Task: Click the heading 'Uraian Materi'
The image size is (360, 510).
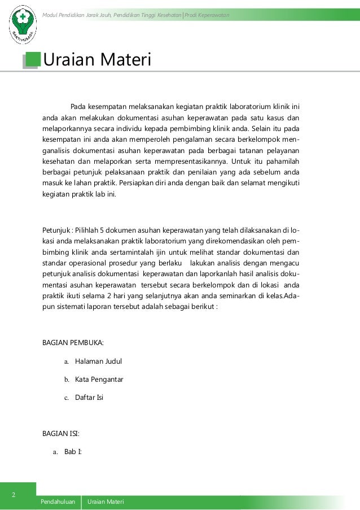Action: click(97, 59)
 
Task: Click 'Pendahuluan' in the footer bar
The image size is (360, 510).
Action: click(58, 502)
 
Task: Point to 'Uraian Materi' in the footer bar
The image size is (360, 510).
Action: click(106, 502)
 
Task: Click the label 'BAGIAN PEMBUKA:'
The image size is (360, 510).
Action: click(73, 342)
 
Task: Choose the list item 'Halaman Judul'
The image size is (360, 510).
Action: click(98, 361)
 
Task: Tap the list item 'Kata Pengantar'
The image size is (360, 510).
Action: click(99, 379)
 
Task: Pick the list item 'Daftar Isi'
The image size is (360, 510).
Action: click(89, 397)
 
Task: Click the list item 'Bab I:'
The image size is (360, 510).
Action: click(73, 452)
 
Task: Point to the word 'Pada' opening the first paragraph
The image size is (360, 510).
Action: click(78, 106)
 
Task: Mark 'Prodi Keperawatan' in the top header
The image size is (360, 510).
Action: click(207, 14)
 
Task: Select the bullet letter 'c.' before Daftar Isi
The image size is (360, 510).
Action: click(66, 398)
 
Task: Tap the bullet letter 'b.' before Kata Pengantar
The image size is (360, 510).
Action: click(66, 380)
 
